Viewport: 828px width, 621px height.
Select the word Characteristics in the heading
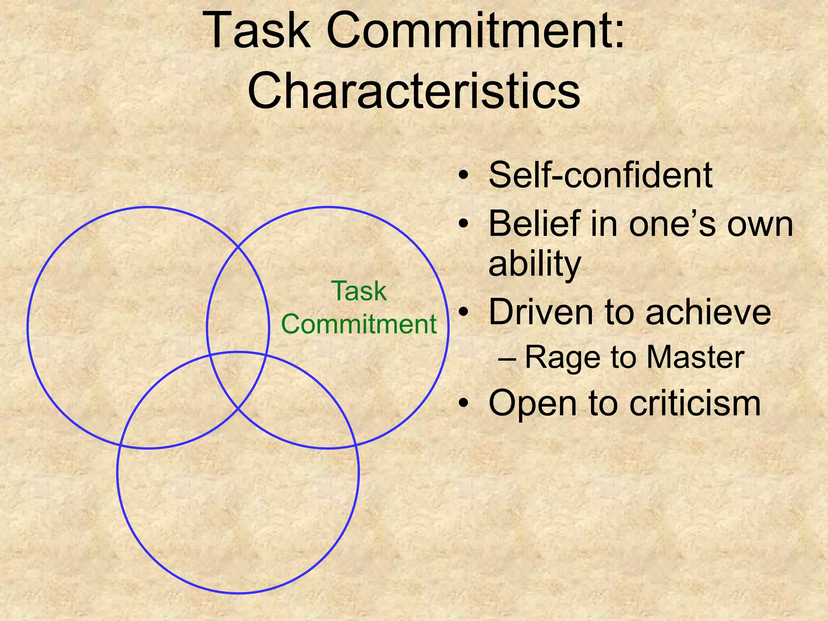pyautogui.click(x=414, y=91)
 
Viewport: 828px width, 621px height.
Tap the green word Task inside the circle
pyautogui.click(x=359, y=291)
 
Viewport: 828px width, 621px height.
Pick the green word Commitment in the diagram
pyautogui.click(x=359, y=324)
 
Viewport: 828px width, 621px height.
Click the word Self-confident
pyautogui.click(x=600, y=175)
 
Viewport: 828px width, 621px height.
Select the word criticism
pyautogui.click(x=695, y=403)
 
